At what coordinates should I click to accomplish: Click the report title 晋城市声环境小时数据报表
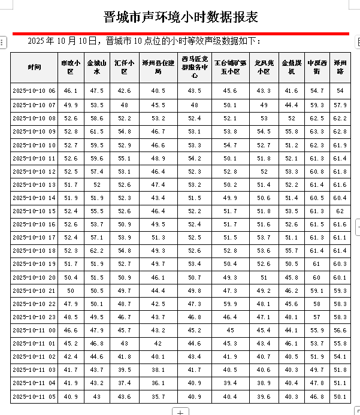180,15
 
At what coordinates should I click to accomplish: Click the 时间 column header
35,66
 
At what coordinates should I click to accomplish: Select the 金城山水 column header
97,66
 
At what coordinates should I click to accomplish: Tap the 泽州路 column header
340,66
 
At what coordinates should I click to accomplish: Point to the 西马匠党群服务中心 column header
195,66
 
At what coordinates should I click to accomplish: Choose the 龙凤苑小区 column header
264,66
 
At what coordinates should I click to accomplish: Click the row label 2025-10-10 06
34,91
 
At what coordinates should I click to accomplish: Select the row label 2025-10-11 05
34,396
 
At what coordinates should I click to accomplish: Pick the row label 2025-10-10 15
34,211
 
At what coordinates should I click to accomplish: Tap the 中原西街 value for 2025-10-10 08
317,118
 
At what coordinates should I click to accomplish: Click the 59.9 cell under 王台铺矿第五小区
231,304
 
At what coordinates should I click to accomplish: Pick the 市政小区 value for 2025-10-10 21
71,290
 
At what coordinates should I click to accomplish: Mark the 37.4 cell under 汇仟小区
124,383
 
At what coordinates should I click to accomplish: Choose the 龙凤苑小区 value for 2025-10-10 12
264,171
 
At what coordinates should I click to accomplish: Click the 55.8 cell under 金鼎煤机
291,131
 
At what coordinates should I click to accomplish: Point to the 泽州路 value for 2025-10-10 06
340,91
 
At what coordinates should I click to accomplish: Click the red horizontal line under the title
180,34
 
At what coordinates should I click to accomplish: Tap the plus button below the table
180,411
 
